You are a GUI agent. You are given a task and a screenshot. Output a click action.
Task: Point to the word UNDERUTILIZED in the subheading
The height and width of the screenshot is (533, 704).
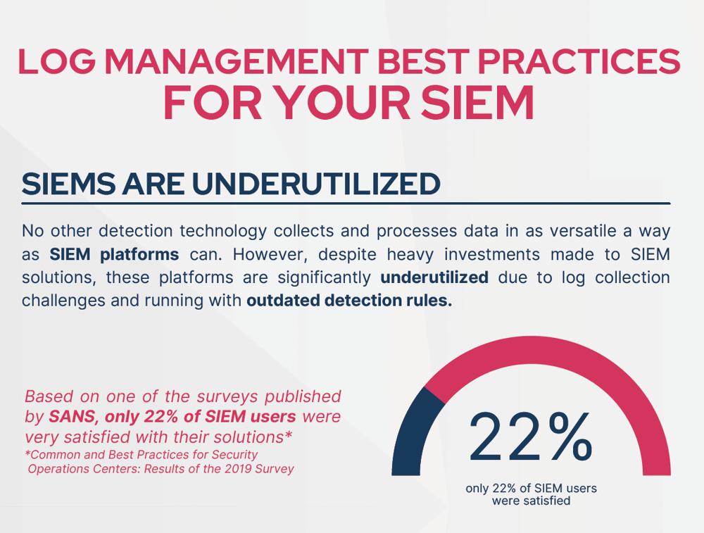click(x=317, y=184)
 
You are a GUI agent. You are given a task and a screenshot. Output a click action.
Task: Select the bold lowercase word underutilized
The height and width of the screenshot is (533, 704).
click(x=434, y=277)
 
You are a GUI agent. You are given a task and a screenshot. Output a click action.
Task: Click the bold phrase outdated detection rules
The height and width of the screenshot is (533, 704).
click(x=349, y=301)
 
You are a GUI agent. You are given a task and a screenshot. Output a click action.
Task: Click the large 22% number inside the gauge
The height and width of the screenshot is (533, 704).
click(x=531, y=437)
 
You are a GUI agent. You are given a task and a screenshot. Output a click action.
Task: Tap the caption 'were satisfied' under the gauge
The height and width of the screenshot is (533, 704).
click(x=531, y=501)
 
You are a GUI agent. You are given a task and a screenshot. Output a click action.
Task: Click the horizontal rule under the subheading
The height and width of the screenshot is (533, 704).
click(x=346, y=203)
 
